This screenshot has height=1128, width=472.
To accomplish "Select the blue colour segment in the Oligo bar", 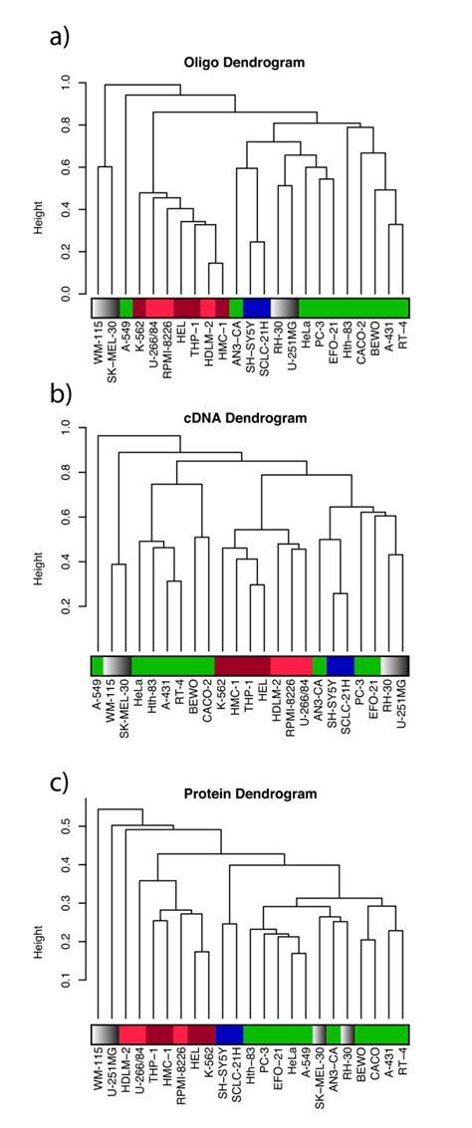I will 257,307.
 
